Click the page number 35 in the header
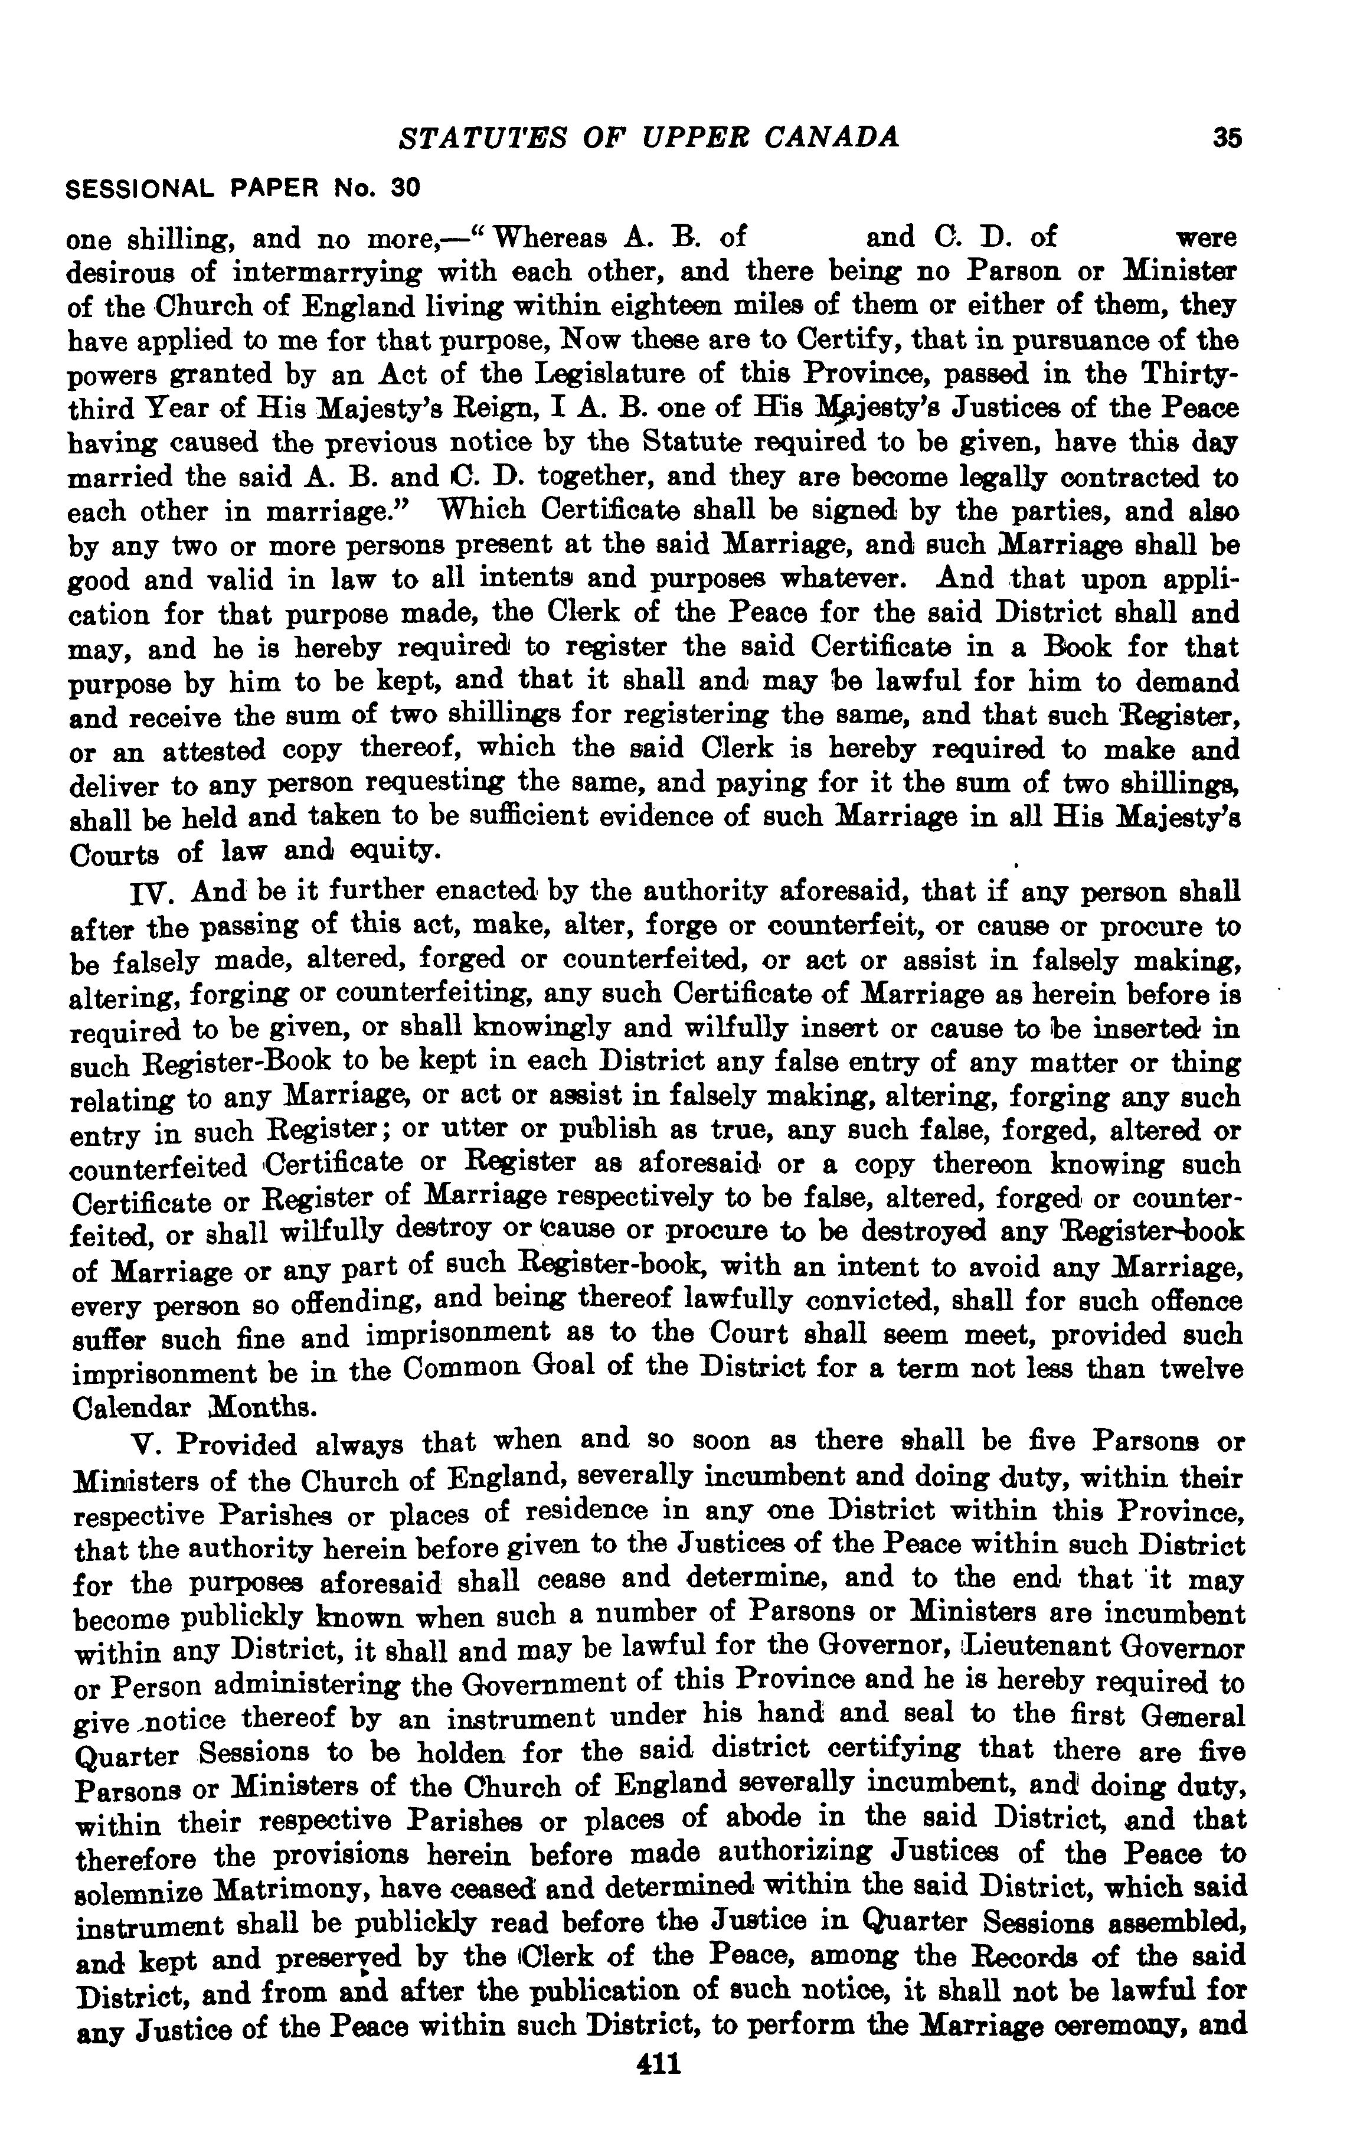pos(1228,138)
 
